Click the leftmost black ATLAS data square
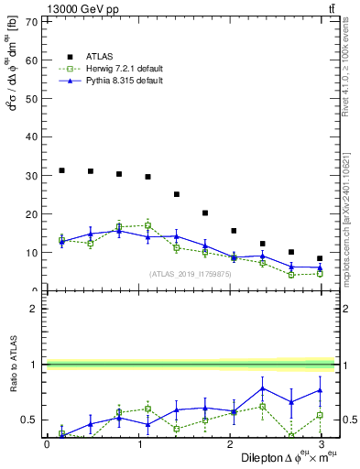61,170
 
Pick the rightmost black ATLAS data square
320,258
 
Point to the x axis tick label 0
48,444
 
